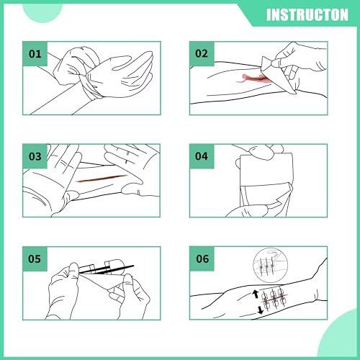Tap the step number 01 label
click(35, 53)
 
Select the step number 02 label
click(202, 53)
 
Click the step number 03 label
click(35, 156)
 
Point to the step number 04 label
click(202, 156)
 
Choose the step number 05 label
click(35, 258)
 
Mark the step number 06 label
click(202, 258)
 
